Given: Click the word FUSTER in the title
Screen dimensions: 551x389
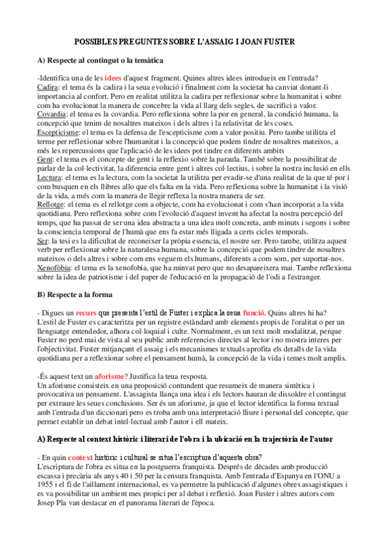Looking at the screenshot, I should (x=281, y=42).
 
